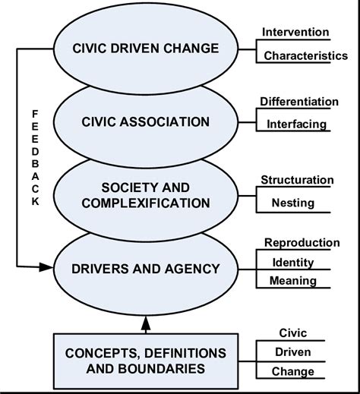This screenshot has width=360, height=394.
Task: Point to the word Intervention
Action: pyautogui.click(x=295, y=32)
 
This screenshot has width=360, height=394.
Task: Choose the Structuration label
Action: pyautogui.click(x=297, y=180)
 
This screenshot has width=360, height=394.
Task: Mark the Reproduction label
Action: pyautogui.click(x=302, y=242)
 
